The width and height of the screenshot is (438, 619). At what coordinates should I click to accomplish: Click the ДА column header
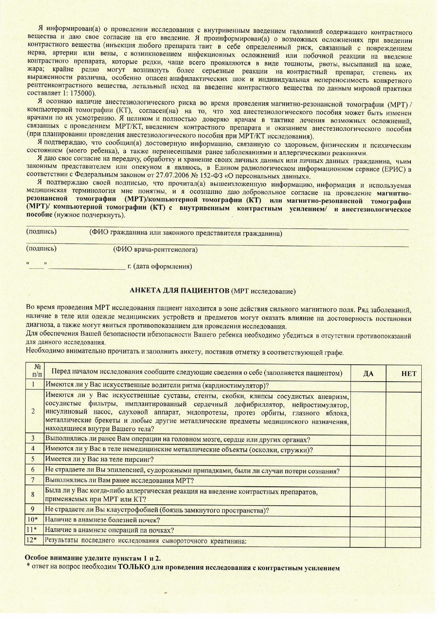click(368, 373)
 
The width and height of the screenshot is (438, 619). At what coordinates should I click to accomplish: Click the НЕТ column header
click(408, 373)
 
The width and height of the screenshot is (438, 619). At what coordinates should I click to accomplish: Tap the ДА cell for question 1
click(368, 385)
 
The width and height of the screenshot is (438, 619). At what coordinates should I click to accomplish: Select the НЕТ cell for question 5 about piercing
click(403, 460)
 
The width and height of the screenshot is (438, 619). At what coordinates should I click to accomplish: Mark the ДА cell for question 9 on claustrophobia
click(368, 510)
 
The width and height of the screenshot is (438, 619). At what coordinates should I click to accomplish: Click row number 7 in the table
click(33, 480)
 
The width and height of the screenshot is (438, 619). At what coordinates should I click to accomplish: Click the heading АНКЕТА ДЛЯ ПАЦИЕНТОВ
click(180, 291)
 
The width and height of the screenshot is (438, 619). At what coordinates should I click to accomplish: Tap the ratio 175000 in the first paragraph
click(84, 93)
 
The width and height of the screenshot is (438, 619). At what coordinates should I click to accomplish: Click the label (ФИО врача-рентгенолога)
click(155, 250)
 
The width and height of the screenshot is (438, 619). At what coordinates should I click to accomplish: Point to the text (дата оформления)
click(163, 266)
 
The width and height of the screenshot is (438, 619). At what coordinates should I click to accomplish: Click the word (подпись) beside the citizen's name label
click(41, 232)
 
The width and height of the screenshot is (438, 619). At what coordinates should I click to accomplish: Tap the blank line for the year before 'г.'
click(87, 268)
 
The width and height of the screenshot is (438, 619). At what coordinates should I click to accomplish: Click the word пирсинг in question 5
click(141, 460)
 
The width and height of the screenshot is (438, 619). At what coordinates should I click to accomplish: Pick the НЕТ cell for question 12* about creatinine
click(403, 540)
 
